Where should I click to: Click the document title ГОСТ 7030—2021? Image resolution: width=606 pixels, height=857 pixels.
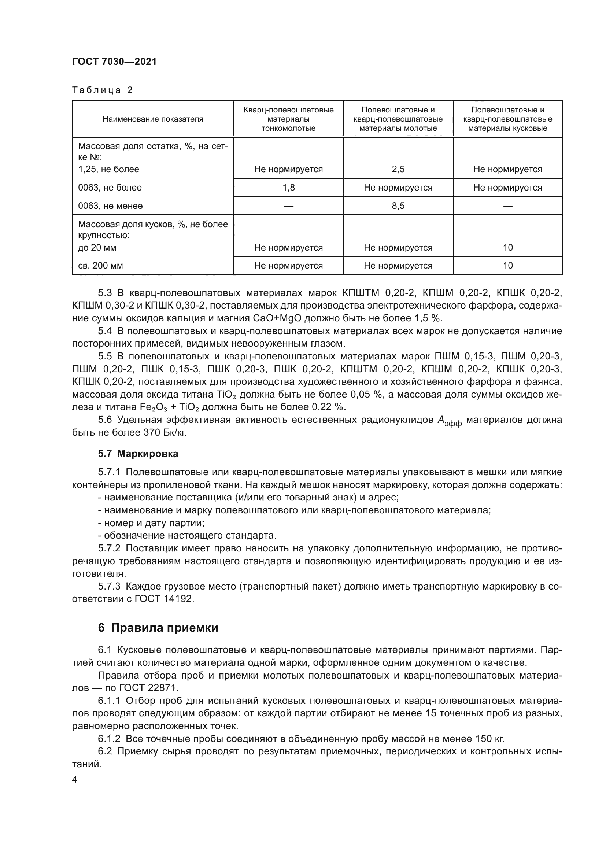114,62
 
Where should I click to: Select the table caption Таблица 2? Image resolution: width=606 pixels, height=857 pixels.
102,90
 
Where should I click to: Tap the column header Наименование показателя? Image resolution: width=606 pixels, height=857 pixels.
153,119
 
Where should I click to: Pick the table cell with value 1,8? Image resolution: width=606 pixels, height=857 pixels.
288,188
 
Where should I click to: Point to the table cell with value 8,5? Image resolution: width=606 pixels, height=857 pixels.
398,206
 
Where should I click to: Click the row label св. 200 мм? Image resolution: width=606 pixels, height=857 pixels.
100,266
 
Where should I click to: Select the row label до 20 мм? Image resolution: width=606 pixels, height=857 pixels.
97,248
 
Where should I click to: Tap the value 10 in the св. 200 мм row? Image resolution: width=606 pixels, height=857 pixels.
508,266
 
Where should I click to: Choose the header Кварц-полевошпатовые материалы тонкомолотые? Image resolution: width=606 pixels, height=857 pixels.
288,119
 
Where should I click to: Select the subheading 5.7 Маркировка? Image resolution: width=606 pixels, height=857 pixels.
138,454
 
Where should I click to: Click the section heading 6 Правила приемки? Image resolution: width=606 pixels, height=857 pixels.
158,628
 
